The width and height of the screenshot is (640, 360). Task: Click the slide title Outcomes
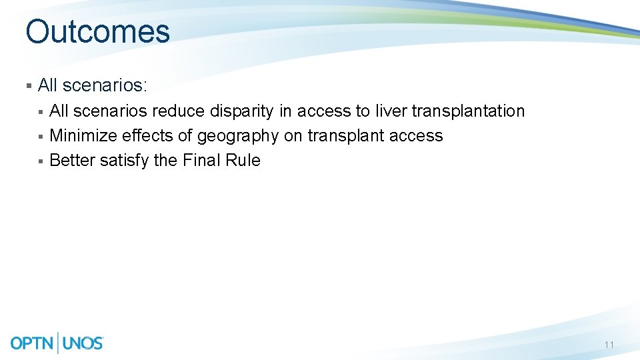click(x=97, y=31)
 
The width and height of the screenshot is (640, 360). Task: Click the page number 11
click(x=609, y=345)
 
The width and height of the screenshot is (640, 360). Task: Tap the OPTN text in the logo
click(x=33, y=343)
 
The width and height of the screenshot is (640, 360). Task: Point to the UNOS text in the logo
click(x=83, y=343)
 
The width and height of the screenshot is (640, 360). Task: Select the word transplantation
click(x=468, y=111)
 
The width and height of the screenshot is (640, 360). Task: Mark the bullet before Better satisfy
click(x=41, y=161)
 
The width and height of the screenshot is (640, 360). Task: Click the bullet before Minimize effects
click(x=41, y=137)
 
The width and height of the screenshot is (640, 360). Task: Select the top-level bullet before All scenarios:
click(x=29, y=86)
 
